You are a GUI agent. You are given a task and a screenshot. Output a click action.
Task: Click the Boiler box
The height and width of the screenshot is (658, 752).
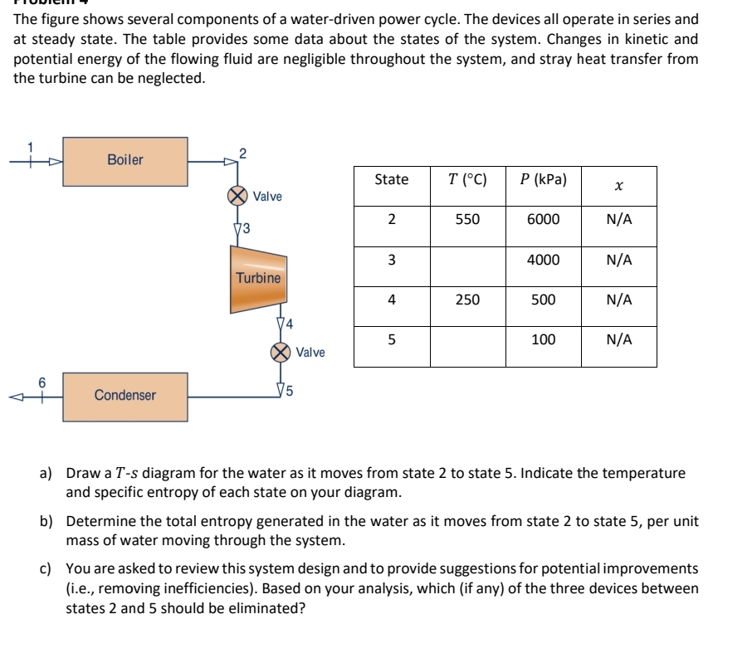[x=125, y=161]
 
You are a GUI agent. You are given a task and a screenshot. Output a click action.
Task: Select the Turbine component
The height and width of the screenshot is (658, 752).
[x=258, y=279]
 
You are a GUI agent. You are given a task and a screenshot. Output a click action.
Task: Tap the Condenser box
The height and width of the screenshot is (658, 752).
[x=125, y=396]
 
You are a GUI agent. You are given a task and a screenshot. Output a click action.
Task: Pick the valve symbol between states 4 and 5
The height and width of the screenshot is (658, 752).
[x=281, y=352]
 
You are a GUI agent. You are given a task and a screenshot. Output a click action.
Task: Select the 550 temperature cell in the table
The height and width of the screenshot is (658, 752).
[x=467, y=220]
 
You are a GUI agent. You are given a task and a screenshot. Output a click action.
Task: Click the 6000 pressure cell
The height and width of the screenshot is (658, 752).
[x=543, y=220]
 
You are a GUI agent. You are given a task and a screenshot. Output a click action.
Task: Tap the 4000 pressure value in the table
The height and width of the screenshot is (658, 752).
[x=543, y=260]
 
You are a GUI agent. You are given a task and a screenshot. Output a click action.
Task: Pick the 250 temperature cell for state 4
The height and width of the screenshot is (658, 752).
[x=467, y=300]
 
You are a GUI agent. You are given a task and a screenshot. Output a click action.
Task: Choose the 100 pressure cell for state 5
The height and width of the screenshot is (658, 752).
[x=543, y=339]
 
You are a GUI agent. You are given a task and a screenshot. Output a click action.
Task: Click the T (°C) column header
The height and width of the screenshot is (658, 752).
[x=467, y=180]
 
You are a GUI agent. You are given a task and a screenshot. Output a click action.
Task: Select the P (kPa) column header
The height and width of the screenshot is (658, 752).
[x=543, y=180]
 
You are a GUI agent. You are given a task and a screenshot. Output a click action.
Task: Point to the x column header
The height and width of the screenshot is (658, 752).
[x=618, y=186]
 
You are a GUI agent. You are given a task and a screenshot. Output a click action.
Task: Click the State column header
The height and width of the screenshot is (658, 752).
[x=392, y=180]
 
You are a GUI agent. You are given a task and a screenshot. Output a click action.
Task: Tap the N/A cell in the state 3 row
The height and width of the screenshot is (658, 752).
[x=618, y=260]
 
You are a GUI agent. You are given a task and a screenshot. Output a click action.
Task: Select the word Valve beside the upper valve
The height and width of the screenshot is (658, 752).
[x=267, y=197]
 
